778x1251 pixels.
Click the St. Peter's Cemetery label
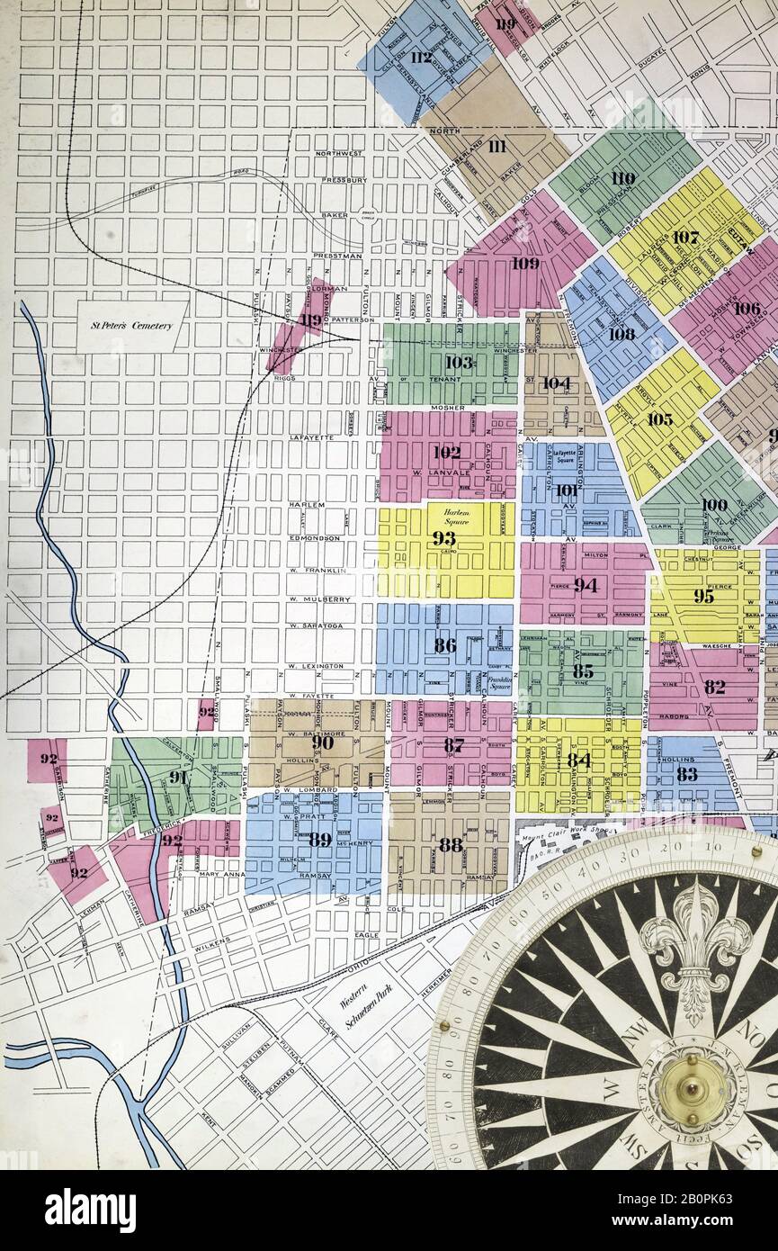(x=132, y=326)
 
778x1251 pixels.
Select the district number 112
(x=421, y=58)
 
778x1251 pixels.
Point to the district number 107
(x=684, y=238)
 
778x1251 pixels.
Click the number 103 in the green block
(x=459, y=362)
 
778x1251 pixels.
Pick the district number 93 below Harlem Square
(x=443, y=538)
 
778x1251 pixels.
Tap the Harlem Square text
(x=456, y=516)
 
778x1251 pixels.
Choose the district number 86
(x=444, y=644)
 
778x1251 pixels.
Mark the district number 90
(x=322, y=742)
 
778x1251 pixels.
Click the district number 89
(x=319, y=839)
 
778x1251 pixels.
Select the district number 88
(x=450, y=844)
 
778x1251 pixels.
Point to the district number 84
(x=578, y=760)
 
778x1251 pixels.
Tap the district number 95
(x=703, y=596)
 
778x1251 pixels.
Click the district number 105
(x=659, y=419)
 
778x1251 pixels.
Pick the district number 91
(x=177, y=777)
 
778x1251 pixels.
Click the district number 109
(x=525, y=263)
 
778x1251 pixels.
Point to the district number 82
(x=714, y=687)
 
